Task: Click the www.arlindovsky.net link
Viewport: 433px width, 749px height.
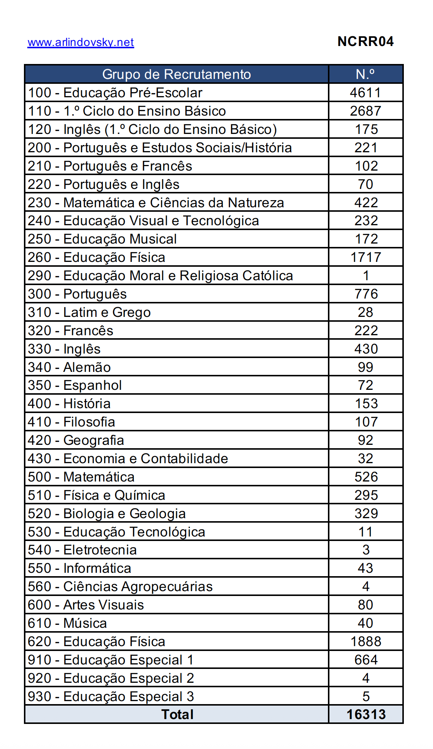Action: click(81, 42)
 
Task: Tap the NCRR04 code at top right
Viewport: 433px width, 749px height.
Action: click(365, 42)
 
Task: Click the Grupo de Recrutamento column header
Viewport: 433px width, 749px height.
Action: click(176, 74)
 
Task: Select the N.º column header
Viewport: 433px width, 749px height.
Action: click(365, 74)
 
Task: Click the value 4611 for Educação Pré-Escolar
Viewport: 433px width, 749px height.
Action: click(365, 92)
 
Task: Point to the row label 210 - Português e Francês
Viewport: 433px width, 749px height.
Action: click(110, 166)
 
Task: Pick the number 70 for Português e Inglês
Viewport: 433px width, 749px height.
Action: click(365, 184)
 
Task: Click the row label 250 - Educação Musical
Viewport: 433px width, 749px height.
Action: click(102, 239)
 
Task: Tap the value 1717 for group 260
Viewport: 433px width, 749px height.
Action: click(365, 257)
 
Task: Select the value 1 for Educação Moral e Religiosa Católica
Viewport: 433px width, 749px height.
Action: click(366, 276)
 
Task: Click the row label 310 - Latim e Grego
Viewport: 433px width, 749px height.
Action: click(89, 312)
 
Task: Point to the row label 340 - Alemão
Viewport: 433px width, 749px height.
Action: click(69, 367)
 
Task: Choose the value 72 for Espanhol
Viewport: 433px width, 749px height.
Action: click(365, 385)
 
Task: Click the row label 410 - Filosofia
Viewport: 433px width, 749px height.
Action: click(71, 422)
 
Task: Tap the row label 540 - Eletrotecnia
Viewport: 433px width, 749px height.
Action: click(82, 550)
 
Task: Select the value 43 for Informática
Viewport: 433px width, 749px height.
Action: click(365, 568)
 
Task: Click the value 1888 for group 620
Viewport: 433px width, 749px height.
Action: click(366, 642)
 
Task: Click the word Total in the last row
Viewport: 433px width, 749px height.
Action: click(177, 715)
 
